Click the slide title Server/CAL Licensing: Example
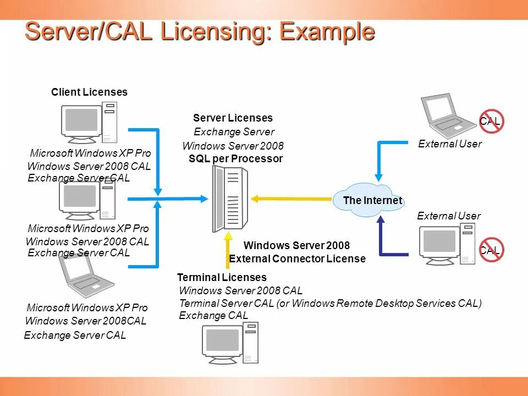200,32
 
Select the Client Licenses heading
89,92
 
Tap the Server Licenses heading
233,118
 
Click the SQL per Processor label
235,159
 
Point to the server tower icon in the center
229,199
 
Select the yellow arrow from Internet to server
291,199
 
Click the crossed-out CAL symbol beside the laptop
491,122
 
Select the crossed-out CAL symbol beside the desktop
491,250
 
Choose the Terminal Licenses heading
222,278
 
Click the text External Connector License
297,258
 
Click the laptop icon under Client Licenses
86,276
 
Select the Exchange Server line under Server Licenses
234,132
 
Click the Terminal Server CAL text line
330,304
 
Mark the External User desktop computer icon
447,244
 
